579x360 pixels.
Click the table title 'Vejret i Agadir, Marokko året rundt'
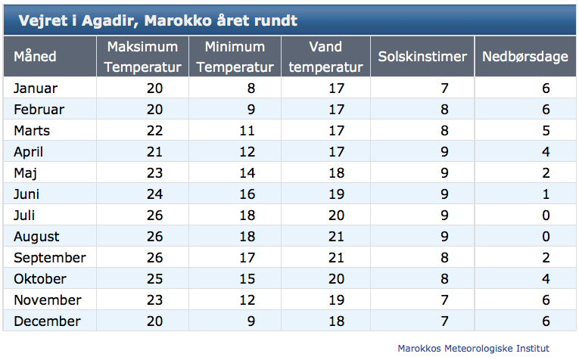point(157,20)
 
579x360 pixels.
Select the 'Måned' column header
point(35,57)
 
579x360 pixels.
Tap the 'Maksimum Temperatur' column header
point(142,57)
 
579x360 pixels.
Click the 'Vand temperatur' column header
point(325,57)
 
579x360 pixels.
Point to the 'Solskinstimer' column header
point(422,57)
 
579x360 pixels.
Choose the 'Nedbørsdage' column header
point(525,57)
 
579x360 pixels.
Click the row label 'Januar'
point(36,88)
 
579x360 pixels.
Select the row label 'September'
point(50,257)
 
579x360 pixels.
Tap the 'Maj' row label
point(25,173)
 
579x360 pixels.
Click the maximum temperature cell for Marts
point(154,131)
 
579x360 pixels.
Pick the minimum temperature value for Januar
point(251,88)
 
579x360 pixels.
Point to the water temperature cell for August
point(336,237)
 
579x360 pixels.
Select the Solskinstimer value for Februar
point(444,109)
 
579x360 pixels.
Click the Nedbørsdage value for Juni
point(546,194)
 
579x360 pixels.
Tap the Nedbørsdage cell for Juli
point(546,215)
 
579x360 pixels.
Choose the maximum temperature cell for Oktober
point(154,279)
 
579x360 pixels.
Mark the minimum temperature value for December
point(251,321)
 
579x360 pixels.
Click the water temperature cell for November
point(336,300)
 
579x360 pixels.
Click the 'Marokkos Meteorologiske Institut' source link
point(473,348)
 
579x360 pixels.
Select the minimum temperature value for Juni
point(247,194)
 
